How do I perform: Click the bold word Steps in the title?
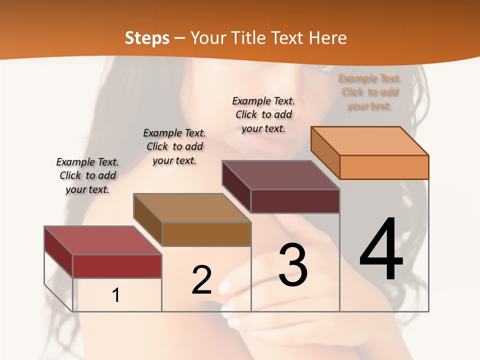point(147,38)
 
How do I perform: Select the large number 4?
point(381,250)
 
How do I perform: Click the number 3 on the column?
point(293,265)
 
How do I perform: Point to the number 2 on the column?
point(201,280)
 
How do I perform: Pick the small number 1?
point(116,295)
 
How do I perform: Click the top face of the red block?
point(102,240)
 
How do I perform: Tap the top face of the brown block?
point(192,208)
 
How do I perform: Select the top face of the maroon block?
point(280,175)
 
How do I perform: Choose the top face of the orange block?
point(369,141)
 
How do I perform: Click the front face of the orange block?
point(384,167)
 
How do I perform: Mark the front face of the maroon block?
point(295,201)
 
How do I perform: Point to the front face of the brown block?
point(206,234)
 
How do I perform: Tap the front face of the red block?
point(117,266)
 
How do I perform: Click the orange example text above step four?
point(369,92)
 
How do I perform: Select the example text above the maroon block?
point(263,114)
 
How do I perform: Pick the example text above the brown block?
point(174,146)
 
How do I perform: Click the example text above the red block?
point(87,175)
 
